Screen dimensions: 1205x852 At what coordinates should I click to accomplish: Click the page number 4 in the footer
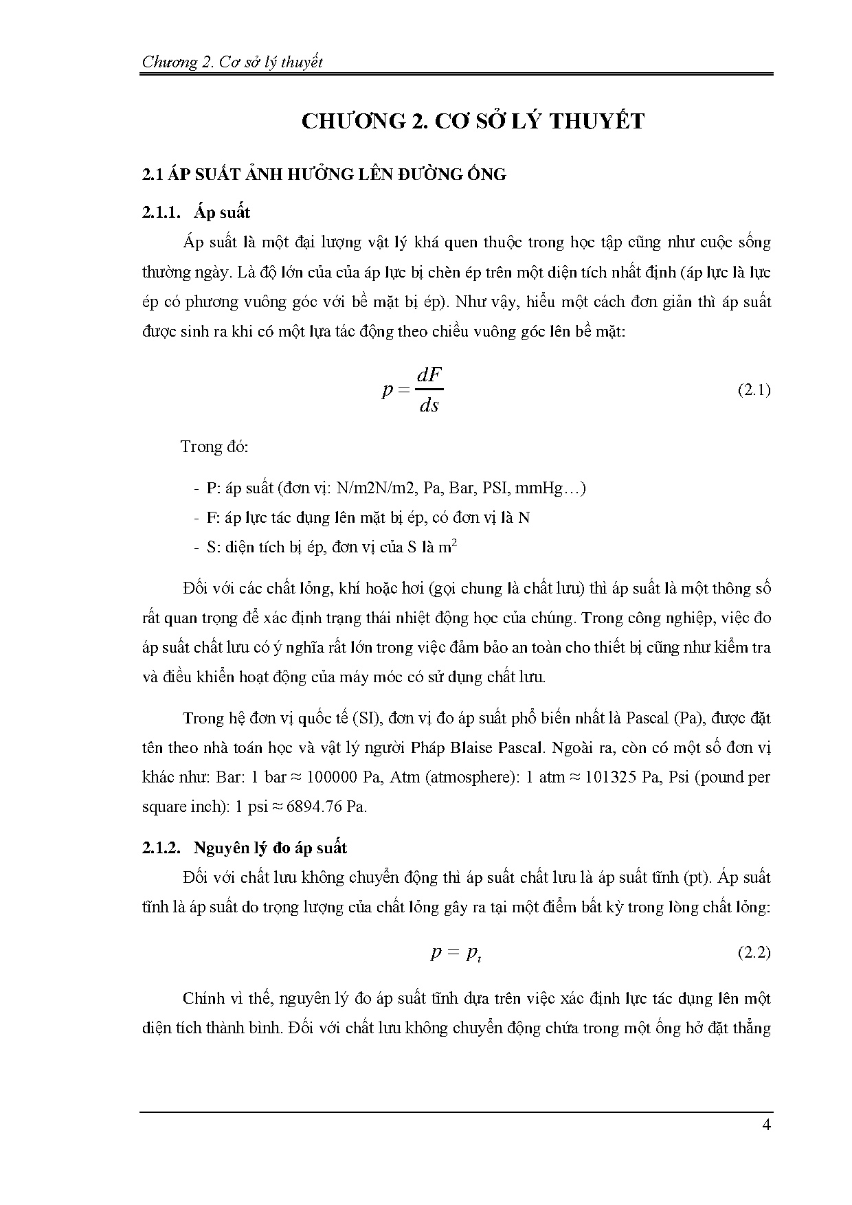(x=766, y=1125)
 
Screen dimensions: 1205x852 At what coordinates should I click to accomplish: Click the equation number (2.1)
(x=754, y=390)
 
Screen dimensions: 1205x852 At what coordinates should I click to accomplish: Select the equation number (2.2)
(x=754, y=953)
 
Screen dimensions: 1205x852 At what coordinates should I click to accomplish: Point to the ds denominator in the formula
(x=429, y=405)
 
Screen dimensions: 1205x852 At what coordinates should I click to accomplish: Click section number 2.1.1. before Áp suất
(x=161, y=212)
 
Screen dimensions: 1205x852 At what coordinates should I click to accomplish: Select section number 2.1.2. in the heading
(x=161, y=848)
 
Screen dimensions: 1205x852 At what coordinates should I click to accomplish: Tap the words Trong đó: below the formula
(x=214, y=447)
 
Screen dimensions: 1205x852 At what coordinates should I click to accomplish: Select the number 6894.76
(x=314, y=807)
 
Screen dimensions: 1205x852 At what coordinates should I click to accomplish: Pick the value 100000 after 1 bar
(x=332, y=777)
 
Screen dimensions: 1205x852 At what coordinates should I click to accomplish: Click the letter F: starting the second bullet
(x=212, y=517)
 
